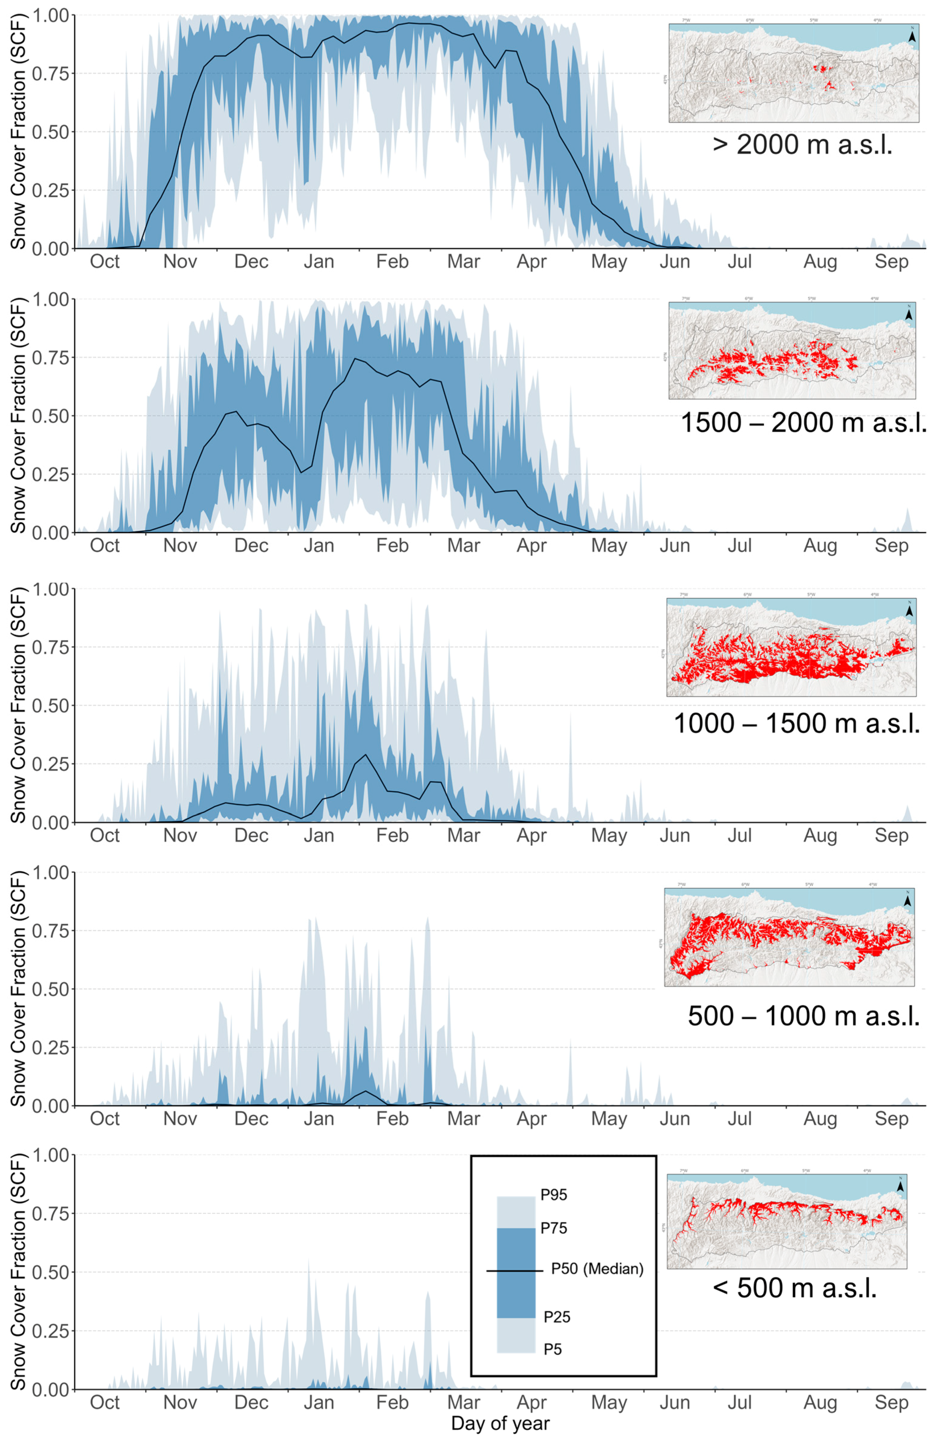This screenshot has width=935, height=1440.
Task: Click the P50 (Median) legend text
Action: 597,1269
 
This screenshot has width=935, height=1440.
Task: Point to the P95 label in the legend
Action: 554,1195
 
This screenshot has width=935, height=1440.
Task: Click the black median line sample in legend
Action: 514,1271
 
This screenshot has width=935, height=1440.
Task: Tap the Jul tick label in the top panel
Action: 739,262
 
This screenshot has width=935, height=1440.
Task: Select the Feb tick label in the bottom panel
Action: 392,1402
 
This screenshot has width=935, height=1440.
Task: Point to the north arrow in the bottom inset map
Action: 901,1187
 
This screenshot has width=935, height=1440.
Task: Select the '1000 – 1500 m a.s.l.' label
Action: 796,724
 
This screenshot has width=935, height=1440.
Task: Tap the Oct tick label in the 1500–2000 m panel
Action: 105,546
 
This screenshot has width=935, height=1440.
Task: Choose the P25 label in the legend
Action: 556,1317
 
